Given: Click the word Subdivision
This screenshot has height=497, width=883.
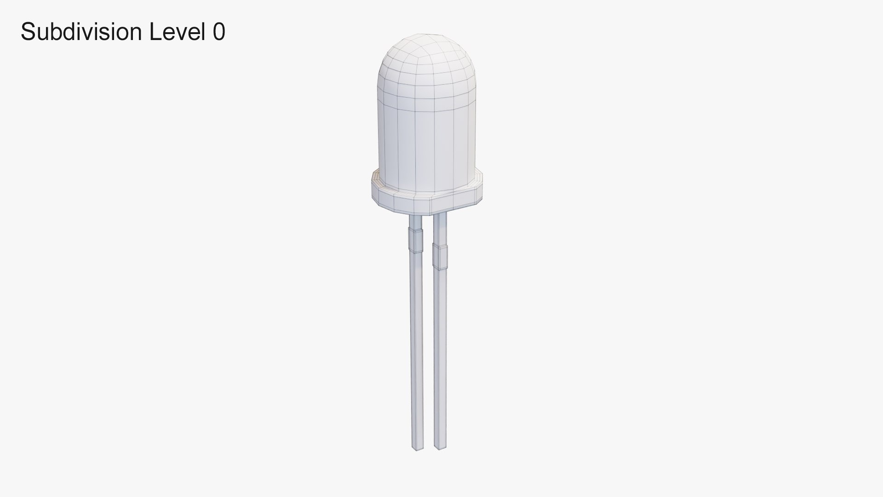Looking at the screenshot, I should coord(81,32).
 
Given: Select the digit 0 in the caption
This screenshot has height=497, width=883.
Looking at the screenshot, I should coord(219,32).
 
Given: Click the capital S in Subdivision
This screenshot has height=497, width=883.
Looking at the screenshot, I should coord(28,32).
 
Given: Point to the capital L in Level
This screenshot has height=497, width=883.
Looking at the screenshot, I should coord(155,32).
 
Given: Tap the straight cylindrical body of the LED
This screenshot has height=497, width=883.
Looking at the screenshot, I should coord(425,143).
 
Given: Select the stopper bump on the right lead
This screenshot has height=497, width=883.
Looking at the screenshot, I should coord(441,257).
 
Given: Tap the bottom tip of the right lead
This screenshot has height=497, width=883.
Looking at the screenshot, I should coord(440,447).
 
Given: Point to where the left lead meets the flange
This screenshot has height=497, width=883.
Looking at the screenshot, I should coord(415,215).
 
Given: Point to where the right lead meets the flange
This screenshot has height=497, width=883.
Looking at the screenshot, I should coord(440,213).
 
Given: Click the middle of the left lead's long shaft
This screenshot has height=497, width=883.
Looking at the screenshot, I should coord(417,350).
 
